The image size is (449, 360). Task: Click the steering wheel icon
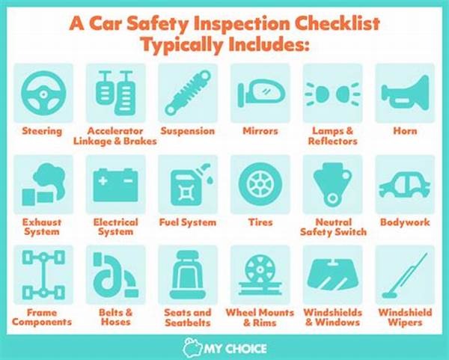point(43,94)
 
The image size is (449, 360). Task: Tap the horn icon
point(405,91)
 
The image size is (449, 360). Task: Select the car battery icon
point(115,185)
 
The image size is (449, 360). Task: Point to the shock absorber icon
point(188,93)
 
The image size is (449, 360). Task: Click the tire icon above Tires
point(260,184)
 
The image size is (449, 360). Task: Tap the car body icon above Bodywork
point(405,186)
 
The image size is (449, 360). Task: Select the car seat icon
point(188,275)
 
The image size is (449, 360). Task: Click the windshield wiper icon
point(405,275)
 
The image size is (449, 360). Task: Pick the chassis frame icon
point(43,275)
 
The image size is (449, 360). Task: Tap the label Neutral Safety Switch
point(333,227)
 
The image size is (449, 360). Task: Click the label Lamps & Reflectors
point(333,136)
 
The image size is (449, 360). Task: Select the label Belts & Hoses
point(116,317)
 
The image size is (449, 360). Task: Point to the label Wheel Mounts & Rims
point(260,317)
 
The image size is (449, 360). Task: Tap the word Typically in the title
point(182,45)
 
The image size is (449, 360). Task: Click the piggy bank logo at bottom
point(192,348)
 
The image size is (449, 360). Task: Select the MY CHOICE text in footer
point(236,349)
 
